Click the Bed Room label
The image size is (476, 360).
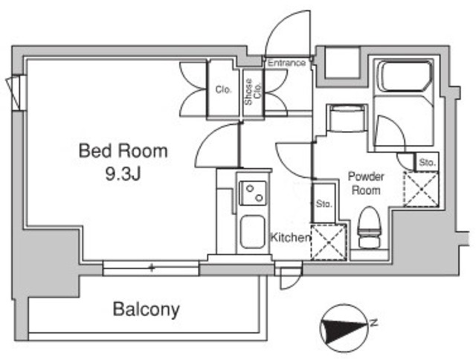click(x=123, y=151)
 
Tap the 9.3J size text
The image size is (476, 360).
click(x=123, y=176)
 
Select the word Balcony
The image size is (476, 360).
click(x=147, y=309)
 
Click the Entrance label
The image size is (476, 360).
click(x=286, y=63)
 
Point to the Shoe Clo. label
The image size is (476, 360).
click(x=253, y=94)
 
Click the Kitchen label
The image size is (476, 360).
click(x=289, y=238)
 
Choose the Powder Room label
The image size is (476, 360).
click(x=366, y=183)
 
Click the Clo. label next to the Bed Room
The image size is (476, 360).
click(x=223, y=90)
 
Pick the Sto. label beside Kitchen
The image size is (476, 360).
click(x=324, y=203)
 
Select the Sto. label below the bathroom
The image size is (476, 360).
click(x=426, y=161)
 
